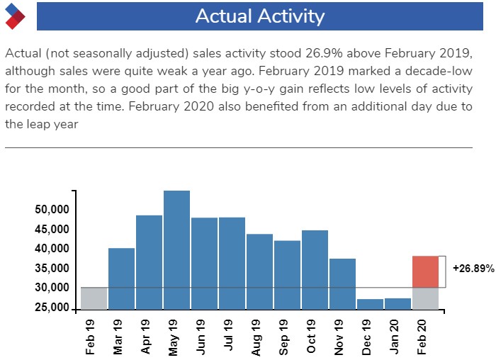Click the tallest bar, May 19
[177, 250]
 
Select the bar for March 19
[121, 279]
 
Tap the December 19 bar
[370, 304]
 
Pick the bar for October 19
[315, 270]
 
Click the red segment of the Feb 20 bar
[425, 271]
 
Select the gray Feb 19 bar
[94, 298]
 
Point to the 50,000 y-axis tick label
[52, 210]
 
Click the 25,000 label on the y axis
[52, 307]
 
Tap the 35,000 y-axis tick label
[52, 269]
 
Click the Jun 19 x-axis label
[201, 337]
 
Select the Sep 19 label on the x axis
[283, 337]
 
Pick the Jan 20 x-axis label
[395, 337]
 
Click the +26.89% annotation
[473, 269]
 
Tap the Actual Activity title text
[260, 16]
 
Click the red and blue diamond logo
[15, 16]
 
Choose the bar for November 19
[342, 284]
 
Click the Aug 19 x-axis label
[257, 337]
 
